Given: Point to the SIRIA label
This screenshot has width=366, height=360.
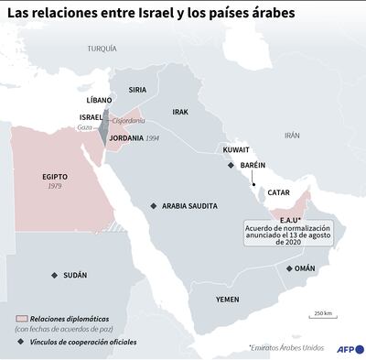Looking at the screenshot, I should tap(137, 90).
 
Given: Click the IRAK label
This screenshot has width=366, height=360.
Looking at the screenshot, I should tap(180, 112).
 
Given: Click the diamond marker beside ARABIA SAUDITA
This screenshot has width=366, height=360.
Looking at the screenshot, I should tap(153, 206).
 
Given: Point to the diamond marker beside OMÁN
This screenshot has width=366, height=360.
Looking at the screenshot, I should tap(289, 268).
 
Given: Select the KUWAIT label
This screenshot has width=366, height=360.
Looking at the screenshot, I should tap(237, 148).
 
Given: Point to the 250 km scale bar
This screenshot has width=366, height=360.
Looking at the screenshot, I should tap(322, 318).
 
